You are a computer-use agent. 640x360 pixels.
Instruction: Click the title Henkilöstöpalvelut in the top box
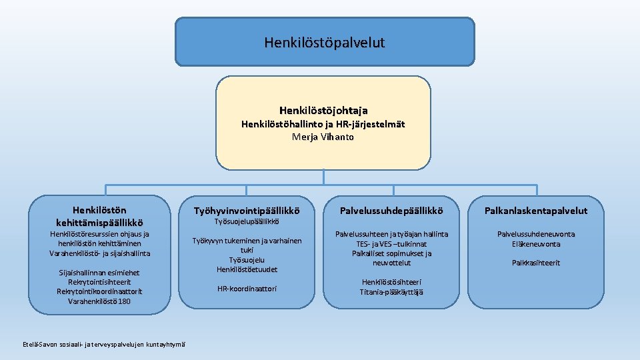click(x=324, y=43)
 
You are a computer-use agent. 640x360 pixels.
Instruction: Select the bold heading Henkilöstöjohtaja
click(x=323, y=110)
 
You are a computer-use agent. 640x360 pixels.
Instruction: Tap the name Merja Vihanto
click(x=323, y=137)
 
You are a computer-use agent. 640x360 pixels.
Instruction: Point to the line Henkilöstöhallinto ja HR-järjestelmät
click(x=323, y=124)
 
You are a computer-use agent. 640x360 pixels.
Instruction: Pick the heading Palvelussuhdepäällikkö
click(x=391, y=211)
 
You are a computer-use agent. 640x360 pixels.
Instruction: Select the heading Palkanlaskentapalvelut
click(x=536, y=211)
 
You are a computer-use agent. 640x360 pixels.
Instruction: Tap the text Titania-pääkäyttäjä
click(x=391, y=291)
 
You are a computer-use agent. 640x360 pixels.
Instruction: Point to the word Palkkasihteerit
click(x=536, y=263)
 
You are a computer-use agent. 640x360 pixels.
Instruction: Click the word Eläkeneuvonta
click(x=536, y=244)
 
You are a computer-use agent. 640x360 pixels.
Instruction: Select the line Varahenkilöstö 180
click(x=99, y=301)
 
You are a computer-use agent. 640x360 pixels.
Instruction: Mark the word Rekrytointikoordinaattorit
click(x=99, y=291)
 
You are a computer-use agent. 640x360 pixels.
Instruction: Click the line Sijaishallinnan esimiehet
click(x=99, y=273)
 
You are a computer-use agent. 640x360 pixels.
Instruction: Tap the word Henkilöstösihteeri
click(x=391, y=282)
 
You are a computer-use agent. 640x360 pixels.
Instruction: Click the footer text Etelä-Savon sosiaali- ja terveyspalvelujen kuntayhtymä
click(x=104, y=344)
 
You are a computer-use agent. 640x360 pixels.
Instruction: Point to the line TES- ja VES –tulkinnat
click(x=391, y=244)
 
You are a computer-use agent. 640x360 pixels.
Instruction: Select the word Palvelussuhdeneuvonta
click(x=536, y=234)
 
